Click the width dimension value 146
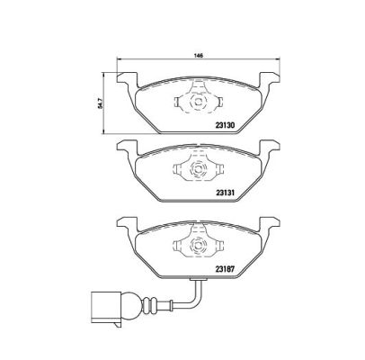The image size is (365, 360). [x=199, y=55]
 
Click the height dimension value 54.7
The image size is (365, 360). [x=101, y=103]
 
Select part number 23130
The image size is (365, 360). [x=225, y=125]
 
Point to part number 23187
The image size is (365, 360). [x=225, y=269]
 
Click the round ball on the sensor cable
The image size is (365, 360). [x=131, y=307]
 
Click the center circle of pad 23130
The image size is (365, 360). [x=198, y=102]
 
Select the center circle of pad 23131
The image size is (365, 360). [x=198, y=169]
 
